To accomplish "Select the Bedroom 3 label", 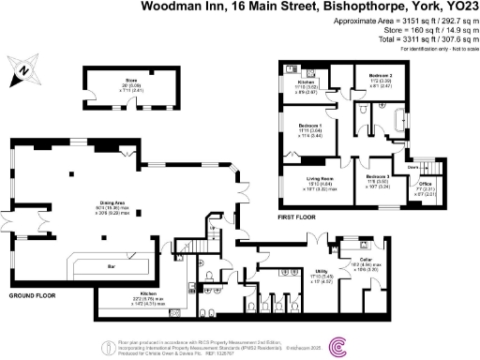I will pyautogui.click(x=378, y=175).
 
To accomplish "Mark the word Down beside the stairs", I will pyautogui.click(x=412, y=169).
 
